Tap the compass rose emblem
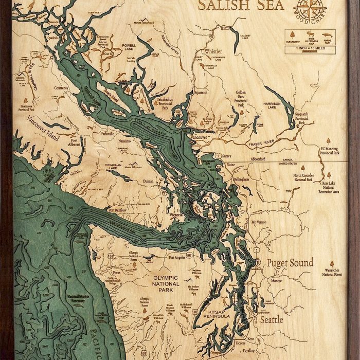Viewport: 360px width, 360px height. (x=309, y=10)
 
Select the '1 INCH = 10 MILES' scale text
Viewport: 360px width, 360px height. (x=309, y=48)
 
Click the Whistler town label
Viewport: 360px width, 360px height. (x=213, y=51)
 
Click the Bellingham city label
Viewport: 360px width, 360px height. (x=240, y=179)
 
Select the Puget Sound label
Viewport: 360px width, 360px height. (x=290, y=263)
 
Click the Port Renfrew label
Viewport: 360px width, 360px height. (x=118, y=210)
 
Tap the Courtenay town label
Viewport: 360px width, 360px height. (x=61, y=88)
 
